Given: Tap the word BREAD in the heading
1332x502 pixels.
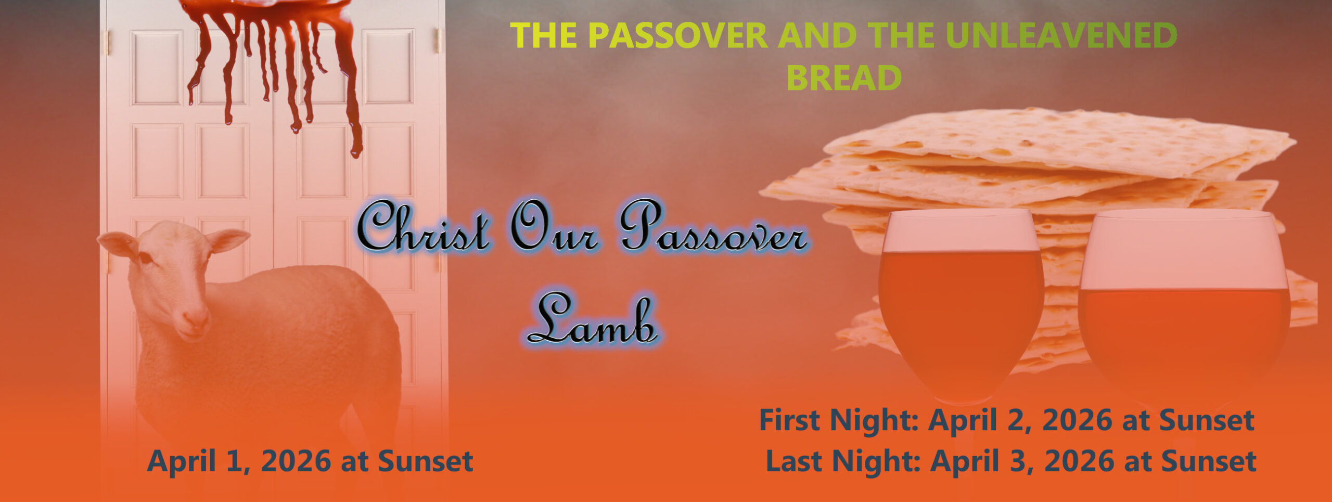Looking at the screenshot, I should pyautogui.click(x=844, y=78).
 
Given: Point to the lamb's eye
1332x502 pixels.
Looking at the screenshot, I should pyautogui.click(x=144, y=258).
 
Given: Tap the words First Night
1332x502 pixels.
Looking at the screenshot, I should pyautogui.click(x=838, y=420).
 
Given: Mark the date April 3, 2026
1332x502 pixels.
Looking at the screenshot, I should pyautogui.click(x=1023, y=461).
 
